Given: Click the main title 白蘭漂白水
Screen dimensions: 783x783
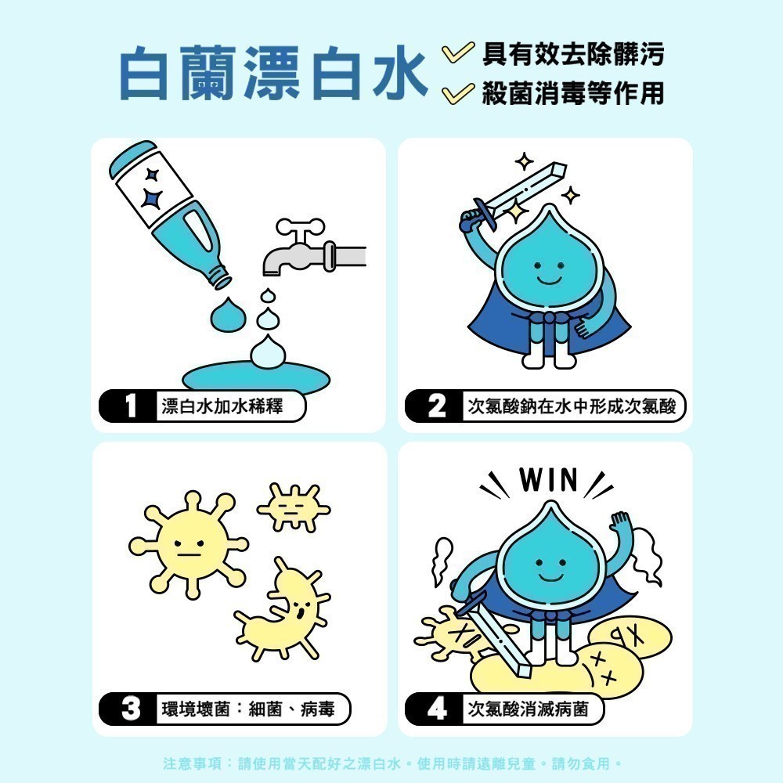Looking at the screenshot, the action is click(273, 73).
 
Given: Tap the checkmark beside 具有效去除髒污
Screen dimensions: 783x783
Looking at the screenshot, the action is click(457, 52).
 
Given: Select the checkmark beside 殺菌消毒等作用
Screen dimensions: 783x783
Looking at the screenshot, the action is click(457, 93).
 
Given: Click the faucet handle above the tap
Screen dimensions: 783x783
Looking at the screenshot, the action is click(300, 228).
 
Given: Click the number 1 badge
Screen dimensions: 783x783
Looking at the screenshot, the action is click(129, 406).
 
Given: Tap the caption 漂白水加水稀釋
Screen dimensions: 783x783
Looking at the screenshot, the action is click(222, 406).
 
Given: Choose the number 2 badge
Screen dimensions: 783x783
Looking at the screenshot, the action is click(435, 406).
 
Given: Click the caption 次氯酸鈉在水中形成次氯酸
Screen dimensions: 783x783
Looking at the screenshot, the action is click(572, 406).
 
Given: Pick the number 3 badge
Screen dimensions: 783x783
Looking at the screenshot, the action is click(129, 709).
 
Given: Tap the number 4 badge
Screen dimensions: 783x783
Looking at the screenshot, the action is click(435, 709).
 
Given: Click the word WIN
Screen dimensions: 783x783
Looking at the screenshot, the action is click(548, 480).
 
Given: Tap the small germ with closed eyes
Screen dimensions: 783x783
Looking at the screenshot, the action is click(294, 507).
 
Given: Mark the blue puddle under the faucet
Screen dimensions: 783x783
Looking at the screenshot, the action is click(256, 376).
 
